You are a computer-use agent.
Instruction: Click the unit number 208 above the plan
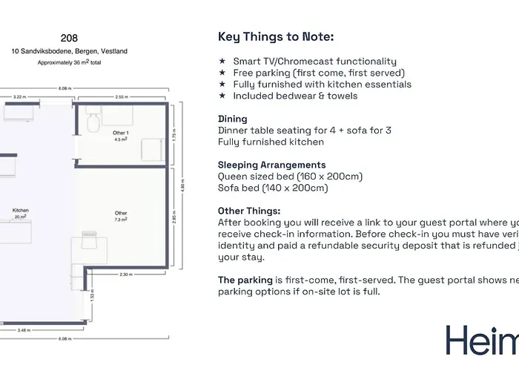pos(69,37)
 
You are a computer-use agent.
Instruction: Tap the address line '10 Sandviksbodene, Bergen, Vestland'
pos(69,51)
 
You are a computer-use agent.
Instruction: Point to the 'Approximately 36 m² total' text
pos(69,63)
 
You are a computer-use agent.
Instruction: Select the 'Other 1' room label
pos(121,133)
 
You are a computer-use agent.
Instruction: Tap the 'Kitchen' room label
pos(20,211)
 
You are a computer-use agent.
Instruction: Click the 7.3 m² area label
pos(121,220)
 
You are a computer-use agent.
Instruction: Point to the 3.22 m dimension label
pos(19,96)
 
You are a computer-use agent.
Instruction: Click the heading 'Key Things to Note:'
pos(275,37)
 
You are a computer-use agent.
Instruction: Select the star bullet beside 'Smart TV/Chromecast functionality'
pos(222,62)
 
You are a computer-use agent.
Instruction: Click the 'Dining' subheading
pos(233,119)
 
